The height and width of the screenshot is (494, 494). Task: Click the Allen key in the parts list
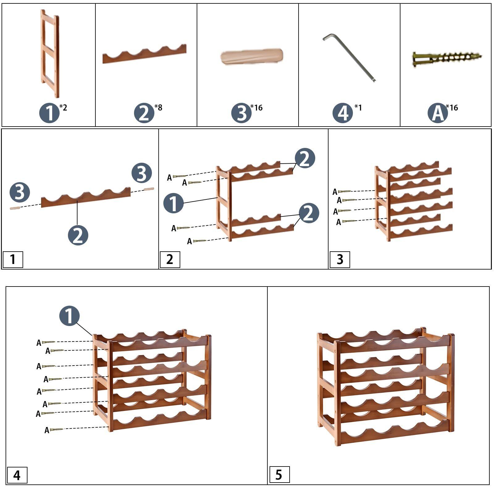[x=349, y=58]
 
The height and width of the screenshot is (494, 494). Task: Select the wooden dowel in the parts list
[x=252, y=57]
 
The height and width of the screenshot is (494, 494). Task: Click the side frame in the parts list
[x=50, y=53]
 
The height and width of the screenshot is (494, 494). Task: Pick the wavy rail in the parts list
[x=144, y=54]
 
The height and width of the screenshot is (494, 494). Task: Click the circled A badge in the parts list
[x=437, y=113]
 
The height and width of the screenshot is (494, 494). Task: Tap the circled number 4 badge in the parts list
[x=343, y=113]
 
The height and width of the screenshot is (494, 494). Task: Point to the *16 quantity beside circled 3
[x=257, y=107]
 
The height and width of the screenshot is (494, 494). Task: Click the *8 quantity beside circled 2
[x=158, y=107]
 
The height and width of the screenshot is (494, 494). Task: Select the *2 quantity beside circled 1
[x=63, y=107]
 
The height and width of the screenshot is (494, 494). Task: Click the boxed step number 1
[x=13, y=260]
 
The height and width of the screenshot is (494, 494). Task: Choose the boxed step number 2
[x=170, y=260]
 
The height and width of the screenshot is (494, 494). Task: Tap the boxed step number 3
[x=340, y=260]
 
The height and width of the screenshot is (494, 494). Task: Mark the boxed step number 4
[x=17, y=475]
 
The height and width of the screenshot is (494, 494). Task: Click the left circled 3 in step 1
[x=20, y=192]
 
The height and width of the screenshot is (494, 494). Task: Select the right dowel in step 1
[x=149, y=189]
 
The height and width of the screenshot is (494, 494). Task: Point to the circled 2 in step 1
[x=78, y=235]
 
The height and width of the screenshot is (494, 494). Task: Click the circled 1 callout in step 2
[x=174, y=203]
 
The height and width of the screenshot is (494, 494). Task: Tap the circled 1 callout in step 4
[x=69, y=316]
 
